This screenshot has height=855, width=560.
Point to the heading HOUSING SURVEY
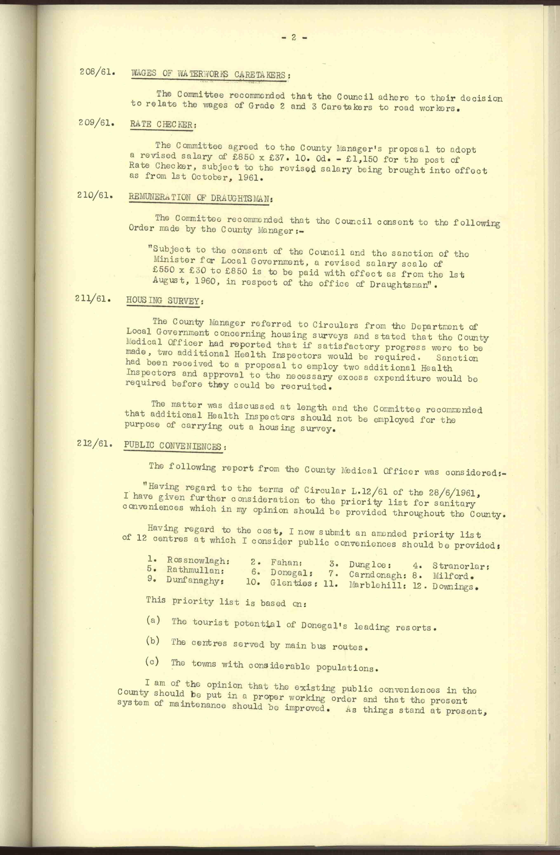coord(165,300)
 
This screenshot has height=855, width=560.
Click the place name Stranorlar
coord(461,566)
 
